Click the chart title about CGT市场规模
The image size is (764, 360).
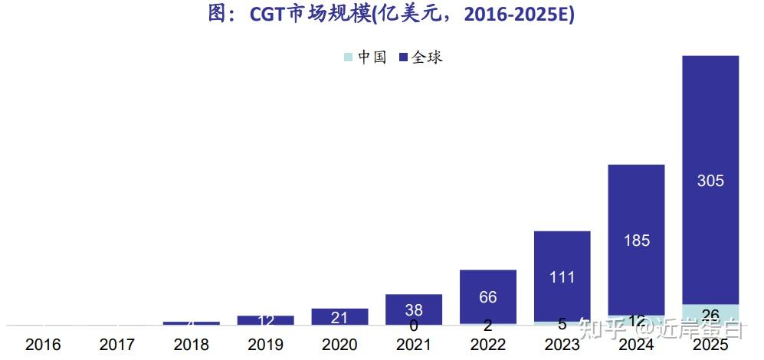[x=391, y=15]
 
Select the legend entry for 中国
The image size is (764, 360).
[x=366, y=57]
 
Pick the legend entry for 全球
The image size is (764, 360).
[x=421, y=57]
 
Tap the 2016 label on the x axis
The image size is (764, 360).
[x=43, y=345]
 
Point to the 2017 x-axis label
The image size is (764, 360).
[x=117, y=345]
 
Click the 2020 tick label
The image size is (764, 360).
[x=339, y=345]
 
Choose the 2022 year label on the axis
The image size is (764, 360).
[x=488, y=345]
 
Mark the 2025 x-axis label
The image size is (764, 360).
[x=710, y=345]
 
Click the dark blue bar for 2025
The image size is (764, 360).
[x=710, y=138]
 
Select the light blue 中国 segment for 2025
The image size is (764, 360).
[x=710, y=314]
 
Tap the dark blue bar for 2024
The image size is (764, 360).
[x=636, y=214]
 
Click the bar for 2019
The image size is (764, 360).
[x=266, y=320]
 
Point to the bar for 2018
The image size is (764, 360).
[x=192, y=322]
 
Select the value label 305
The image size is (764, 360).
[x=710, y=182]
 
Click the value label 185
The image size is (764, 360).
[x=636, y=241]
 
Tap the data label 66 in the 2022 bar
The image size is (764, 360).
[x=488, y=297]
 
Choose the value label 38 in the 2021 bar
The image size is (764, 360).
[x=414, y=310]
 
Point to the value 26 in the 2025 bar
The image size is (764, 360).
[x=710, y=315]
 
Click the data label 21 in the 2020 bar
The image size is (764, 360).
[x=339, y=317]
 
